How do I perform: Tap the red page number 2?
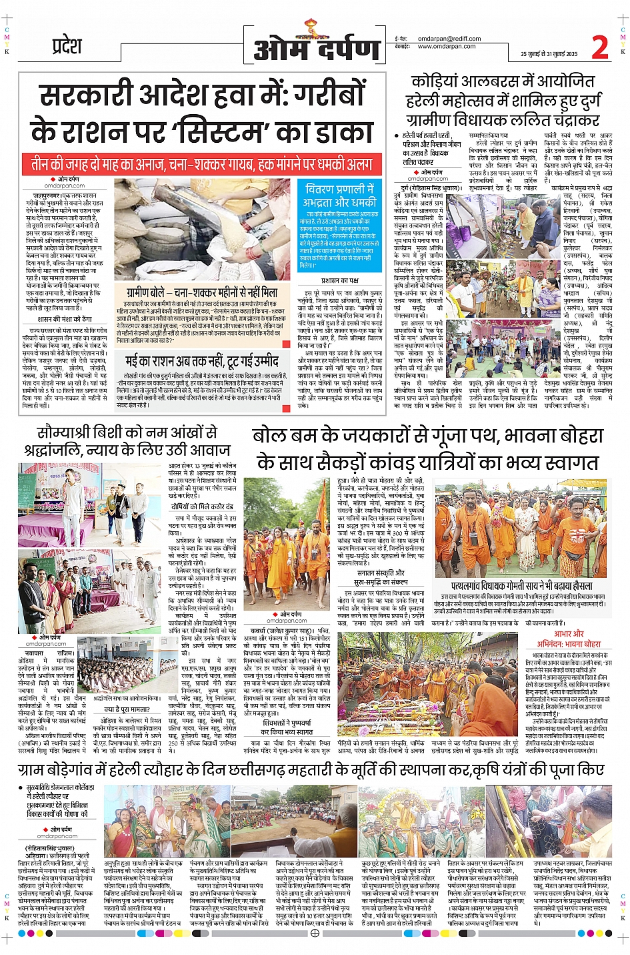coord(599,47)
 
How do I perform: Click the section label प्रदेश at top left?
coord(67,46)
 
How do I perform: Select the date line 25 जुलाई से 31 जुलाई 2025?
coord(549,54)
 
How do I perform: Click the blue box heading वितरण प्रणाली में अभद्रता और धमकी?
coord(339,195)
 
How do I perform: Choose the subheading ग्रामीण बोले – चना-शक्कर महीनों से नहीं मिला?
coord(202,292)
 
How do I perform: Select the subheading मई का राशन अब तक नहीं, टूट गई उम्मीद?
coord(202,361)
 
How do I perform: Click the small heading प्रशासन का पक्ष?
coord(340,280)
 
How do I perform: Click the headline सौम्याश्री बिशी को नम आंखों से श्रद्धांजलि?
coord(127,440)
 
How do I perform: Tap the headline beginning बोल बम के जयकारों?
coord(427,448)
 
